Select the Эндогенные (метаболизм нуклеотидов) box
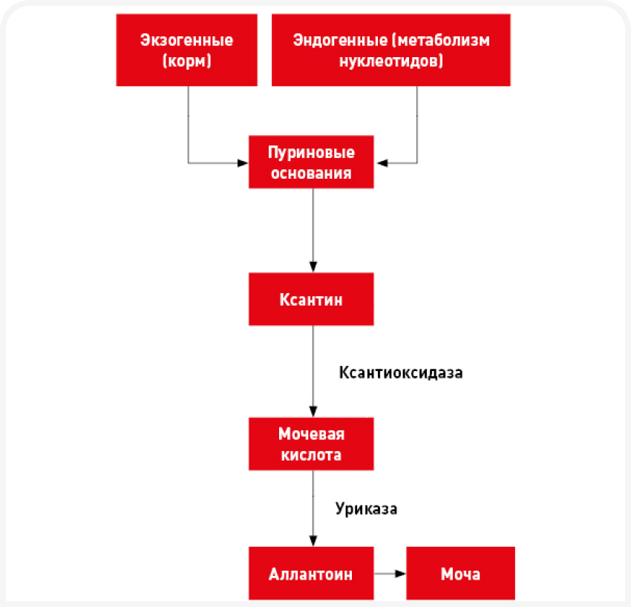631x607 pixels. point(390,50)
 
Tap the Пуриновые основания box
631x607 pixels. point(311,163)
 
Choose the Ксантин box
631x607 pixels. point(311,300)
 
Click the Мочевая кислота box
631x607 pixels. point(311,444)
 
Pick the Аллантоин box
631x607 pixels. point(311,574)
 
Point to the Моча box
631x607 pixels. point(460,574)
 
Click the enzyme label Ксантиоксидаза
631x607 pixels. point(400,373)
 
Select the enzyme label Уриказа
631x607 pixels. point(366,509)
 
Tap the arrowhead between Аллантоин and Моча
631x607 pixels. point(401,574)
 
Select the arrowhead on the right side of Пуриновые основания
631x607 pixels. point(380,162)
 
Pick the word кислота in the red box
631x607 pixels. point(311,455)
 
